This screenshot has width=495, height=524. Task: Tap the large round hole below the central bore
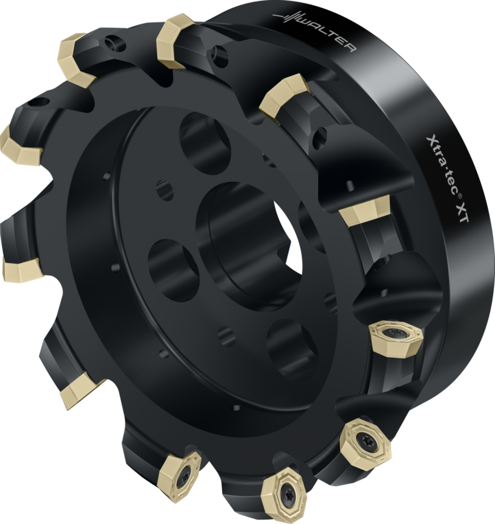292,348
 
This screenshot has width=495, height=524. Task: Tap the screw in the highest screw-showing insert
396,335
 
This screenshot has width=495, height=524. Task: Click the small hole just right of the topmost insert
219,55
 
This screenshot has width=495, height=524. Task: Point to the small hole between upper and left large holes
164,190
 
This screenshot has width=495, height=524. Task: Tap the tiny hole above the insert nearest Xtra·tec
351,184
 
